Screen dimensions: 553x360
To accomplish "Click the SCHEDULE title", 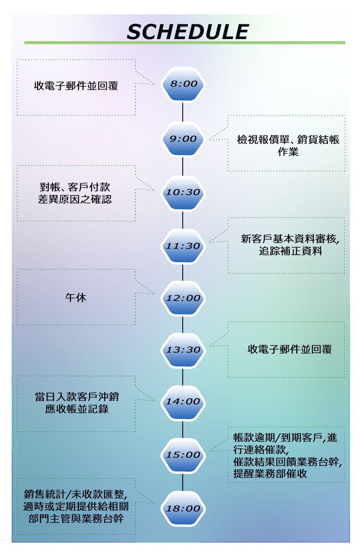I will tap(187, 32).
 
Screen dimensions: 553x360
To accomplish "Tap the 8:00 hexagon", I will tap(183, 84).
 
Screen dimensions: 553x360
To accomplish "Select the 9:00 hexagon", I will tap(183, 139).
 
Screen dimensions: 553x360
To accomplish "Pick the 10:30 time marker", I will tap(183, 192).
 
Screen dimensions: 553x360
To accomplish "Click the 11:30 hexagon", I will tap(183, 246).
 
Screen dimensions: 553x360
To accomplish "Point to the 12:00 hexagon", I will tap(183, 298).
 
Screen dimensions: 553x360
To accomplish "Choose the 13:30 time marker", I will tap(183, 350).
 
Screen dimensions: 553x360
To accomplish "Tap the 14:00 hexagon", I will tap(183, 402).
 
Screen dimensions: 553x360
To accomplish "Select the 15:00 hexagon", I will tap(183, 455).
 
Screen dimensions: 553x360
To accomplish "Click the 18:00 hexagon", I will tap(183, 508).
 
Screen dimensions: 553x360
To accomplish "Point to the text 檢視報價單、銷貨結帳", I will tap(288, 140).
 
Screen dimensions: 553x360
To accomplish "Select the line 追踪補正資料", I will tap(290, 252).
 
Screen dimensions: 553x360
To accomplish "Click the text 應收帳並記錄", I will tap(76, 408).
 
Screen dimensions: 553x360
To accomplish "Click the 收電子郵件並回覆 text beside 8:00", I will tap(76, 86).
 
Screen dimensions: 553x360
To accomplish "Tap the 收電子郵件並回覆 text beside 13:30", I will tap(290, 349).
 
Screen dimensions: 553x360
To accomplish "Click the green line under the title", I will tap(185, 43).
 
